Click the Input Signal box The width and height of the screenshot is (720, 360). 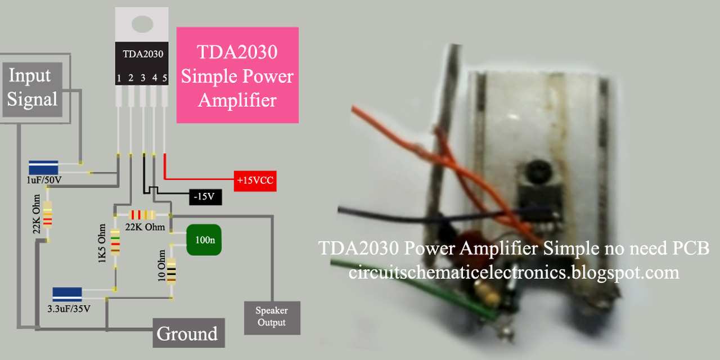pyautogui.click(x=32, y=88)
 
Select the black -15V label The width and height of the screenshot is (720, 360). pyautogui.click(x=205, y=197)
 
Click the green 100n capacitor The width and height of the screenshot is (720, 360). pyautogui.click(x=203, y=240)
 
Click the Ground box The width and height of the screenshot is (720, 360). pyautogui.click(x=188, y=334)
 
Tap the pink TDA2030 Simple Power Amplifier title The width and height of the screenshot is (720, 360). pyautogui.click(x=237, y=75)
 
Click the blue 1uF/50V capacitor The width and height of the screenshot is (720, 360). pyautogui.click(x=43, y=168)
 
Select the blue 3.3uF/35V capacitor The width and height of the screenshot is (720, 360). pyautogui.click(x=67, y=294)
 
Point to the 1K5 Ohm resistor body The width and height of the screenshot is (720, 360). pyautogui.click(x=115, y=242)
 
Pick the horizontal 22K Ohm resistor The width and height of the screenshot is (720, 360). pyautogui.click(x=142, y=215)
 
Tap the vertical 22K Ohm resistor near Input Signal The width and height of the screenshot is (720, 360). pyautogui.click(x=48, y=214)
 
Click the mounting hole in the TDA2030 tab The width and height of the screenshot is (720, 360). pyautogui.click(x=142, y=24)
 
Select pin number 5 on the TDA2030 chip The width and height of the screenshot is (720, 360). pyautogui.click(x=165, y=78)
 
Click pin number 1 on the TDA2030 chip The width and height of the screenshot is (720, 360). pyautogui.click(x=119, y=78)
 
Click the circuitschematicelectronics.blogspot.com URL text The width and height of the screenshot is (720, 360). pyautogui.click(x=514, y=273)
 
